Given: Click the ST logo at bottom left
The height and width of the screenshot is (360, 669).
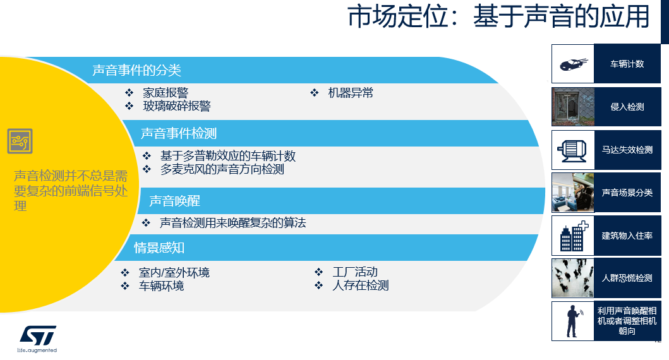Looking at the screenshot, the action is tap(37, 339).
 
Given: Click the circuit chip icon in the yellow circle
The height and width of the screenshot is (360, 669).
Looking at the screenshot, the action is tap(20, 141).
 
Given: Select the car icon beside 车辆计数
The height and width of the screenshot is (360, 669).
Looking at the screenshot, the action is tap(573, 64).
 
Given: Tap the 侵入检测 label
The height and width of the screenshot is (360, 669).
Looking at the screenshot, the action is tap(627, 107).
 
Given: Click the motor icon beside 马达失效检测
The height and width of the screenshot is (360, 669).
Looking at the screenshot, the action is tap(572, 150).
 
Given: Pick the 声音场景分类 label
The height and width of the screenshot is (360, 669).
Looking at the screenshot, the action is tap(627, 193).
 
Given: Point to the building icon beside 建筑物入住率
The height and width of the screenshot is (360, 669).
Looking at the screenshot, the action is tap(574, 236).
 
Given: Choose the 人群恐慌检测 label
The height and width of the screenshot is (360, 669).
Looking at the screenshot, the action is tap(627, 278).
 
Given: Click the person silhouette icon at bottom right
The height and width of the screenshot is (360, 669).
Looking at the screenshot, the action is tap(574, 321).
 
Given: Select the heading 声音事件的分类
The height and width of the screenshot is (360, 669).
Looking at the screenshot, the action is tap(137, 70).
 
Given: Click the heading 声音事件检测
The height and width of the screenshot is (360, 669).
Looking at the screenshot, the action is tap(179, 133).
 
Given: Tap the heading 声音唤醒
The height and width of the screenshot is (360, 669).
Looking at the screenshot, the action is tap(175, 201).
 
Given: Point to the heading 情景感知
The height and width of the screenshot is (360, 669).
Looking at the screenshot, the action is tap(159, 248).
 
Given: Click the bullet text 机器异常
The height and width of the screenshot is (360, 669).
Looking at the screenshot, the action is tap(351, 93).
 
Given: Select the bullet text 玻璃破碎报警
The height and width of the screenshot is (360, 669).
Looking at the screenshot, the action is tap(177, 105).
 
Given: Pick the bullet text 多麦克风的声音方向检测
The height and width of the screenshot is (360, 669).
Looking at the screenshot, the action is tap(222, 169).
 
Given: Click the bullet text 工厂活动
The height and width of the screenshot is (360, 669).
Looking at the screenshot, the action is tap(355, 272).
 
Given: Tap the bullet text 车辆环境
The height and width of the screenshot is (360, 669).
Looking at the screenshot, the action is tap(161, 285).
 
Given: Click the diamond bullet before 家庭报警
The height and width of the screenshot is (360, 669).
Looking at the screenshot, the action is tap(130, 93).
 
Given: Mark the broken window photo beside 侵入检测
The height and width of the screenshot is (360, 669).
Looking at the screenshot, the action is tap(573, 107).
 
